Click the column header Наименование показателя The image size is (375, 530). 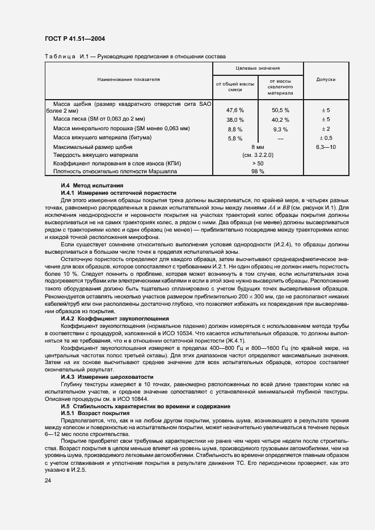128,80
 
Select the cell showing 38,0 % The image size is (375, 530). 235,120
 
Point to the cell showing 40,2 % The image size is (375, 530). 280,120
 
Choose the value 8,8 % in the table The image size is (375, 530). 235,129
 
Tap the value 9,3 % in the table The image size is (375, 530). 280,129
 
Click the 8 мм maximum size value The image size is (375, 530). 258,147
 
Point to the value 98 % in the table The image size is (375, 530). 258,171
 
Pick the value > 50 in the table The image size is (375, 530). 258,163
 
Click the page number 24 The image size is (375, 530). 48,480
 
